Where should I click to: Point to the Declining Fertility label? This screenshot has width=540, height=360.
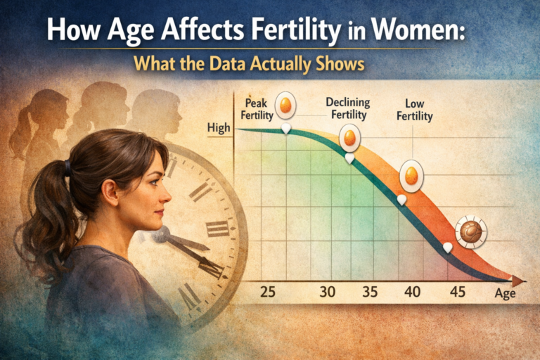point(349,107)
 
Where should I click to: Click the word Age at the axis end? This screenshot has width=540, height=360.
point(504,293)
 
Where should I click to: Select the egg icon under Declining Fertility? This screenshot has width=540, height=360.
point(349,139)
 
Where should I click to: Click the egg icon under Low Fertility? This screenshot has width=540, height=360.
point(410,176)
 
